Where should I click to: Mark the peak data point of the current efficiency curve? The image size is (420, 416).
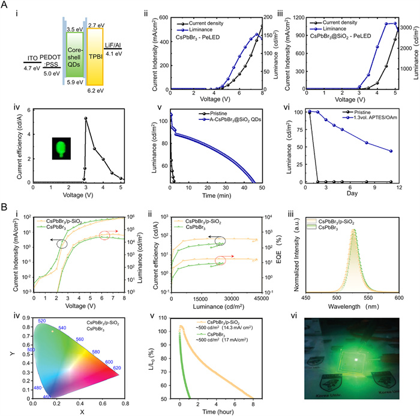(86, 119)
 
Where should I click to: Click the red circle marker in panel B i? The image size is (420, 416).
(106, 234)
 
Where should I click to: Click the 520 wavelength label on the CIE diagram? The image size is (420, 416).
(41, 321)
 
